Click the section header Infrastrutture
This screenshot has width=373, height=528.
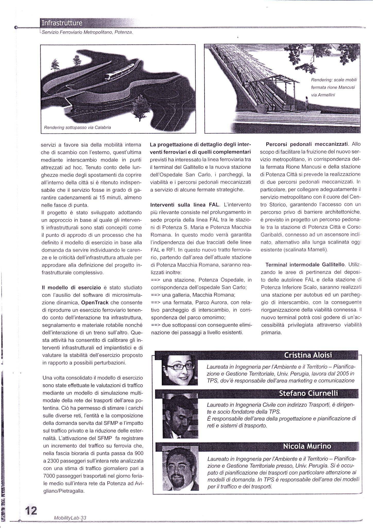[x=62, y=23]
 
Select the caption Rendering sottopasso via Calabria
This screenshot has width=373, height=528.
[x=77, y=127]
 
